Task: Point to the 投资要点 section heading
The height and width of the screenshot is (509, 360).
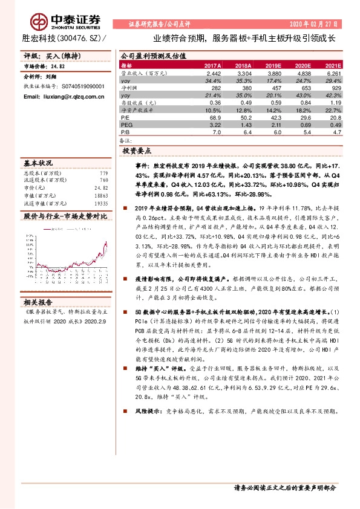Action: pos(137,150)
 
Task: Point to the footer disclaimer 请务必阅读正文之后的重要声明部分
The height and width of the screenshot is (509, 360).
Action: pos(284,487)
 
